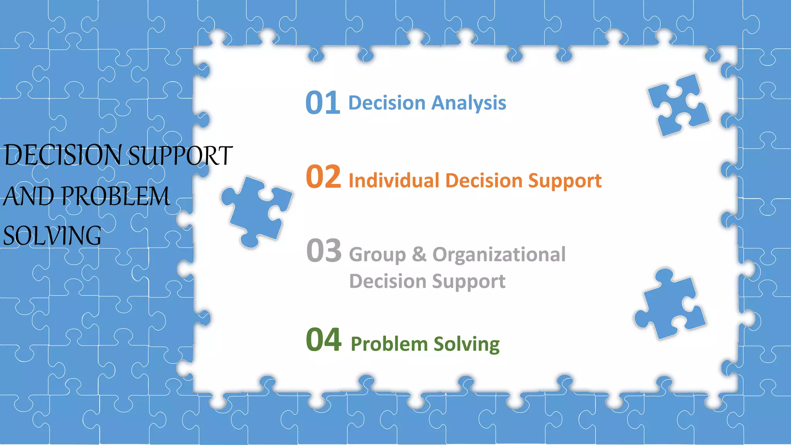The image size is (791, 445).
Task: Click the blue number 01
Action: (x=323, y=103)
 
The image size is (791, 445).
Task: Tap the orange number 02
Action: (x=323, y=177)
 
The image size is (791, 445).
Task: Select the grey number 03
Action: (x=323, y=251)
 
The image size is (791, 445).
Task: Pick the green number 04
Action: (x=323, y=340)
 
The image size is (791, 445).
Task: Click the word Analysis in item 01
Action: (x=468, y=103)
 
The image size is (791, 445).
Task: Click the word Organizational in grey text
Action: (x=499, y=255)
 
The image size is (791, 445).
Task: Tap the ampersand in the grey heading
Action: (x=419, y=255)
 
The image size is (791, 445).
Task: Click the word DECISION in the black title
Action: (x=63, y=155)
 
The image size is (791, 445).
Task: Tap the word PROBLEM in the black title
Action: (x=115, y=196)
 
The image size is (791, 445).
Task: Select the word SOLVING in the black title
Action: (x=52, y=236)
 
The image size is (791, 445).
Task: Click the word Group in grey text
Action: (x=377, y=255)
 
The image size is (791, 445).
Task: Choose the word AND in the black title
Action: (x=29, y=196)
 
